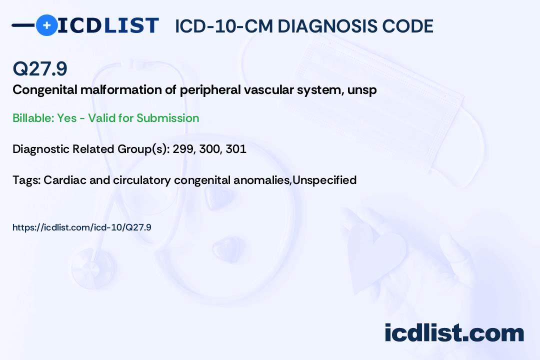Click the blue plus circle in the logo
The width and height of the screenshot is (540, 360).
point(46,25)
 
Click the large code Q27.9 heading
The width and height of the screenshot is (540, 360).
point(40,68)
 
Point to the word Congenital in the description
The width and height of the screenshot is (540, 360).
point(45,90)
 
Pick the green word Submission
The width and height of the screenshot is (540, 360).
point(167,118)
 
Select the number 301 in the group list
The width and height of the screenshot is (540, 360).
point(236,149)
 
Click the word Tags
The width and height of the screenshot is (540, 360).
point(26,180)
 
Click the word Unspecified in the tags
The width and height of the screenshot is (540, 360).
point(324,180)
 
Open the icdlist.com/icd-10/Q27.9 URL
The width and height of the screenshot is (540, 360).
point(82,227)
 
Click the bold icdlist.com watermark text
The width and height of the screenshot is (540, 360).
point(454,333)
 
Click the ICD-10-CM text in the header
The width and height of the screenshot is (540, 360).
point(224,26)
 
